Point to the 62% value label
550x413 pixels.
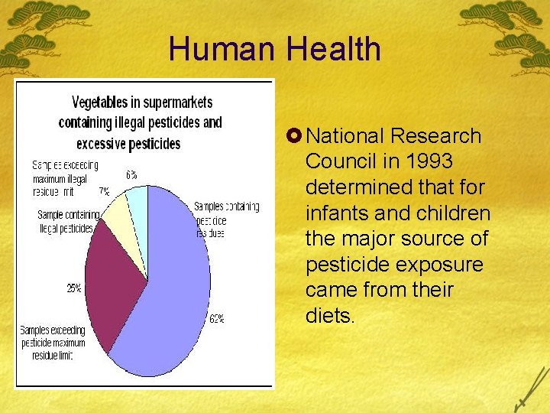(217, 318)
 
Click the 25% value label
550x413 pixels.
(75, 288)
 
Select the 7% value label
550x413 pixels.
(103, 190)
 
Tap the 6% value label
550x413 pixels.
(132, 174)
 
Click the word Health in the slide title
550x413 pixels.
(334, 50)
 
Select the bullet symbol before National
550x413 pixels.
(294, 137)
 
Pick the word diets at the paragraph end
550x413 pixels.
(330, 316)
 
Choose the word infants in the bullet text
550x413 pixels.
(333, 213)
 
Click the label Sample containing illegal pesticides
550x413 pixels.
(66, 221)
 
